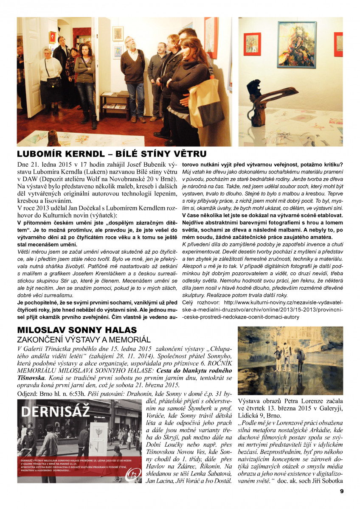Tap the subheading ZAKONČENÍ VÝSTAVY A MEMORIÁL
coord(84,340)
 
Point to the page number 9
coord(341,491)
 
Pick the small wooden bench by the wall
coord(114,103)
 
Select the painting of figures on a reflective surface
coord(290,361)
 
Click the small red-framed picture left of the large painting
coord(253,44)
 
